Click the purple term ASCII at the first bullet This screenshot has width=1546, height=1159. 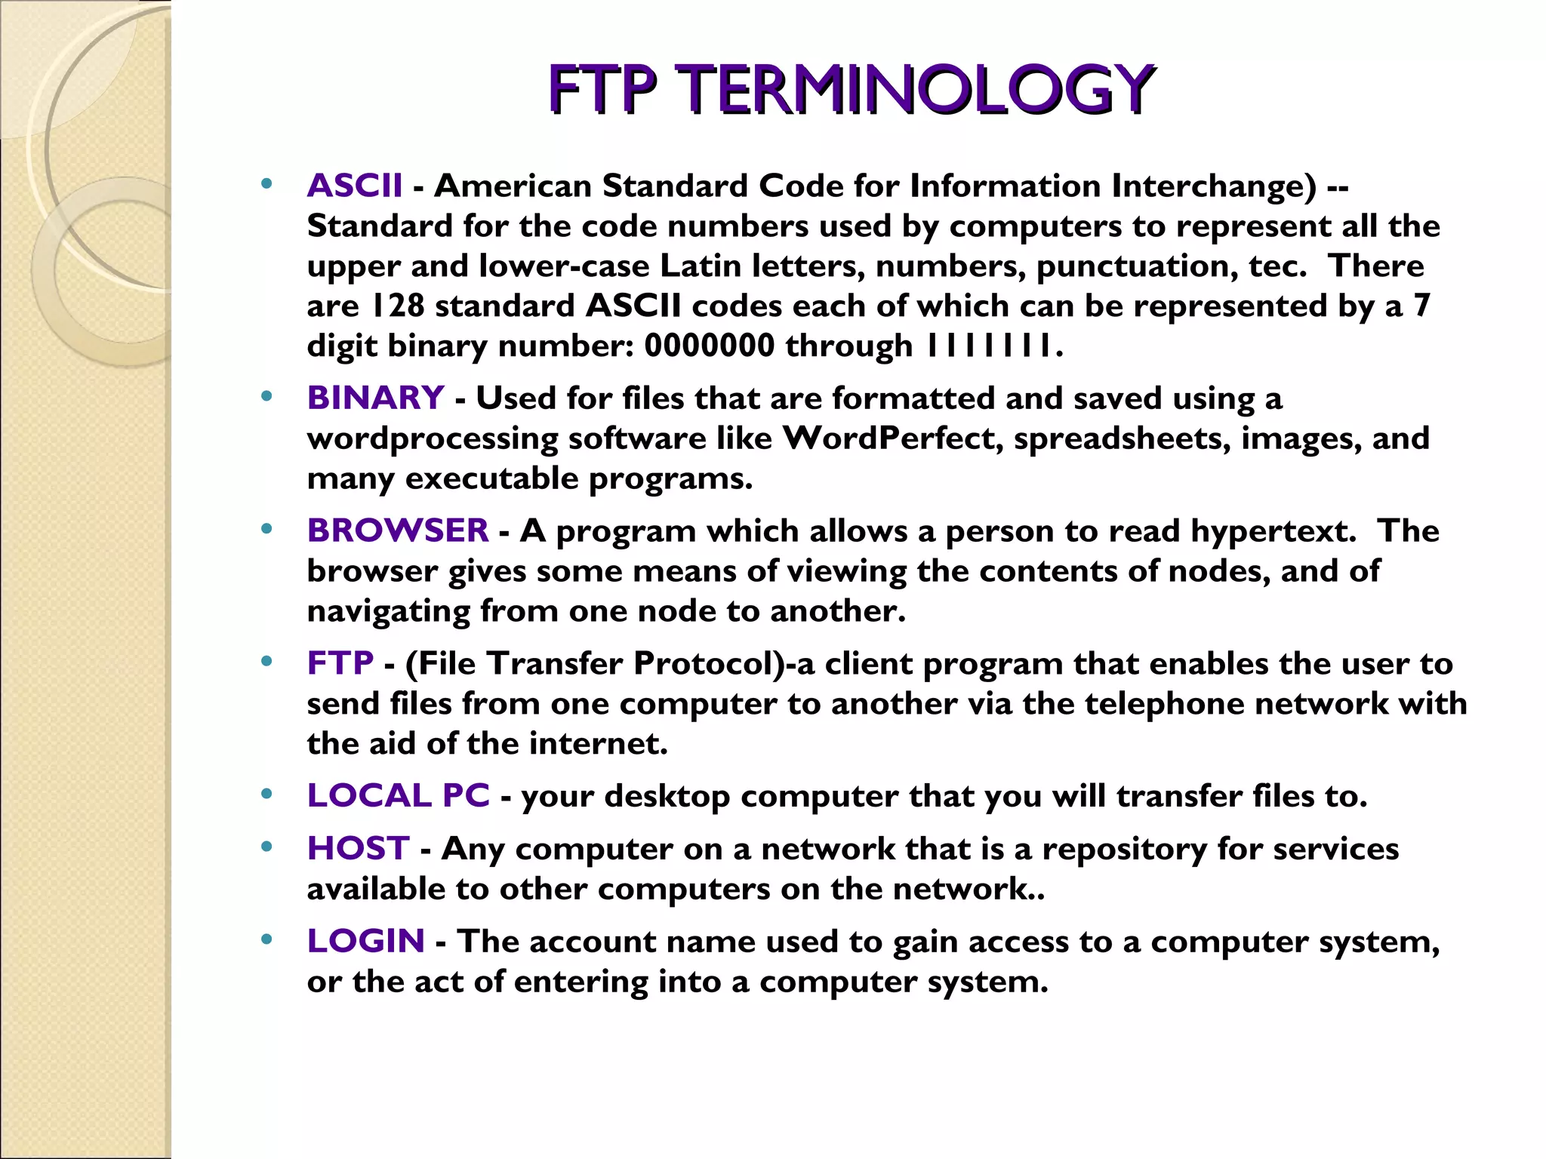355,186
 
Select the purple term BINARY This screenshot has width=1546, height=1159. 375,398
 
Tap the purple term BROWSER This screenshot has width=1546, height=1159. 398,531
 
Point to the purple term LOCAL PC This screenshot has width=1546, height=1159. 398,796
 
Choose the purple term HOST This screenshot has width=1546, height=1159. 358,849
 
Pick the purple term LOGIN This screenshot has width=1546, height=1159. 365,942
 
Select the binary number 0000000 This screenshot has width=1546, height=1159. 709,346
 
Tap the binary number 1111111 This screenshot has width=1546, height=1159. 988,346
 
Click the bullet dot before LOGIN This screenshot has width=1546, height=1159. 266,940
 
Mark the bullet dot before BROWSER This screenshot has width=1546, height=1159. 266,530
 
